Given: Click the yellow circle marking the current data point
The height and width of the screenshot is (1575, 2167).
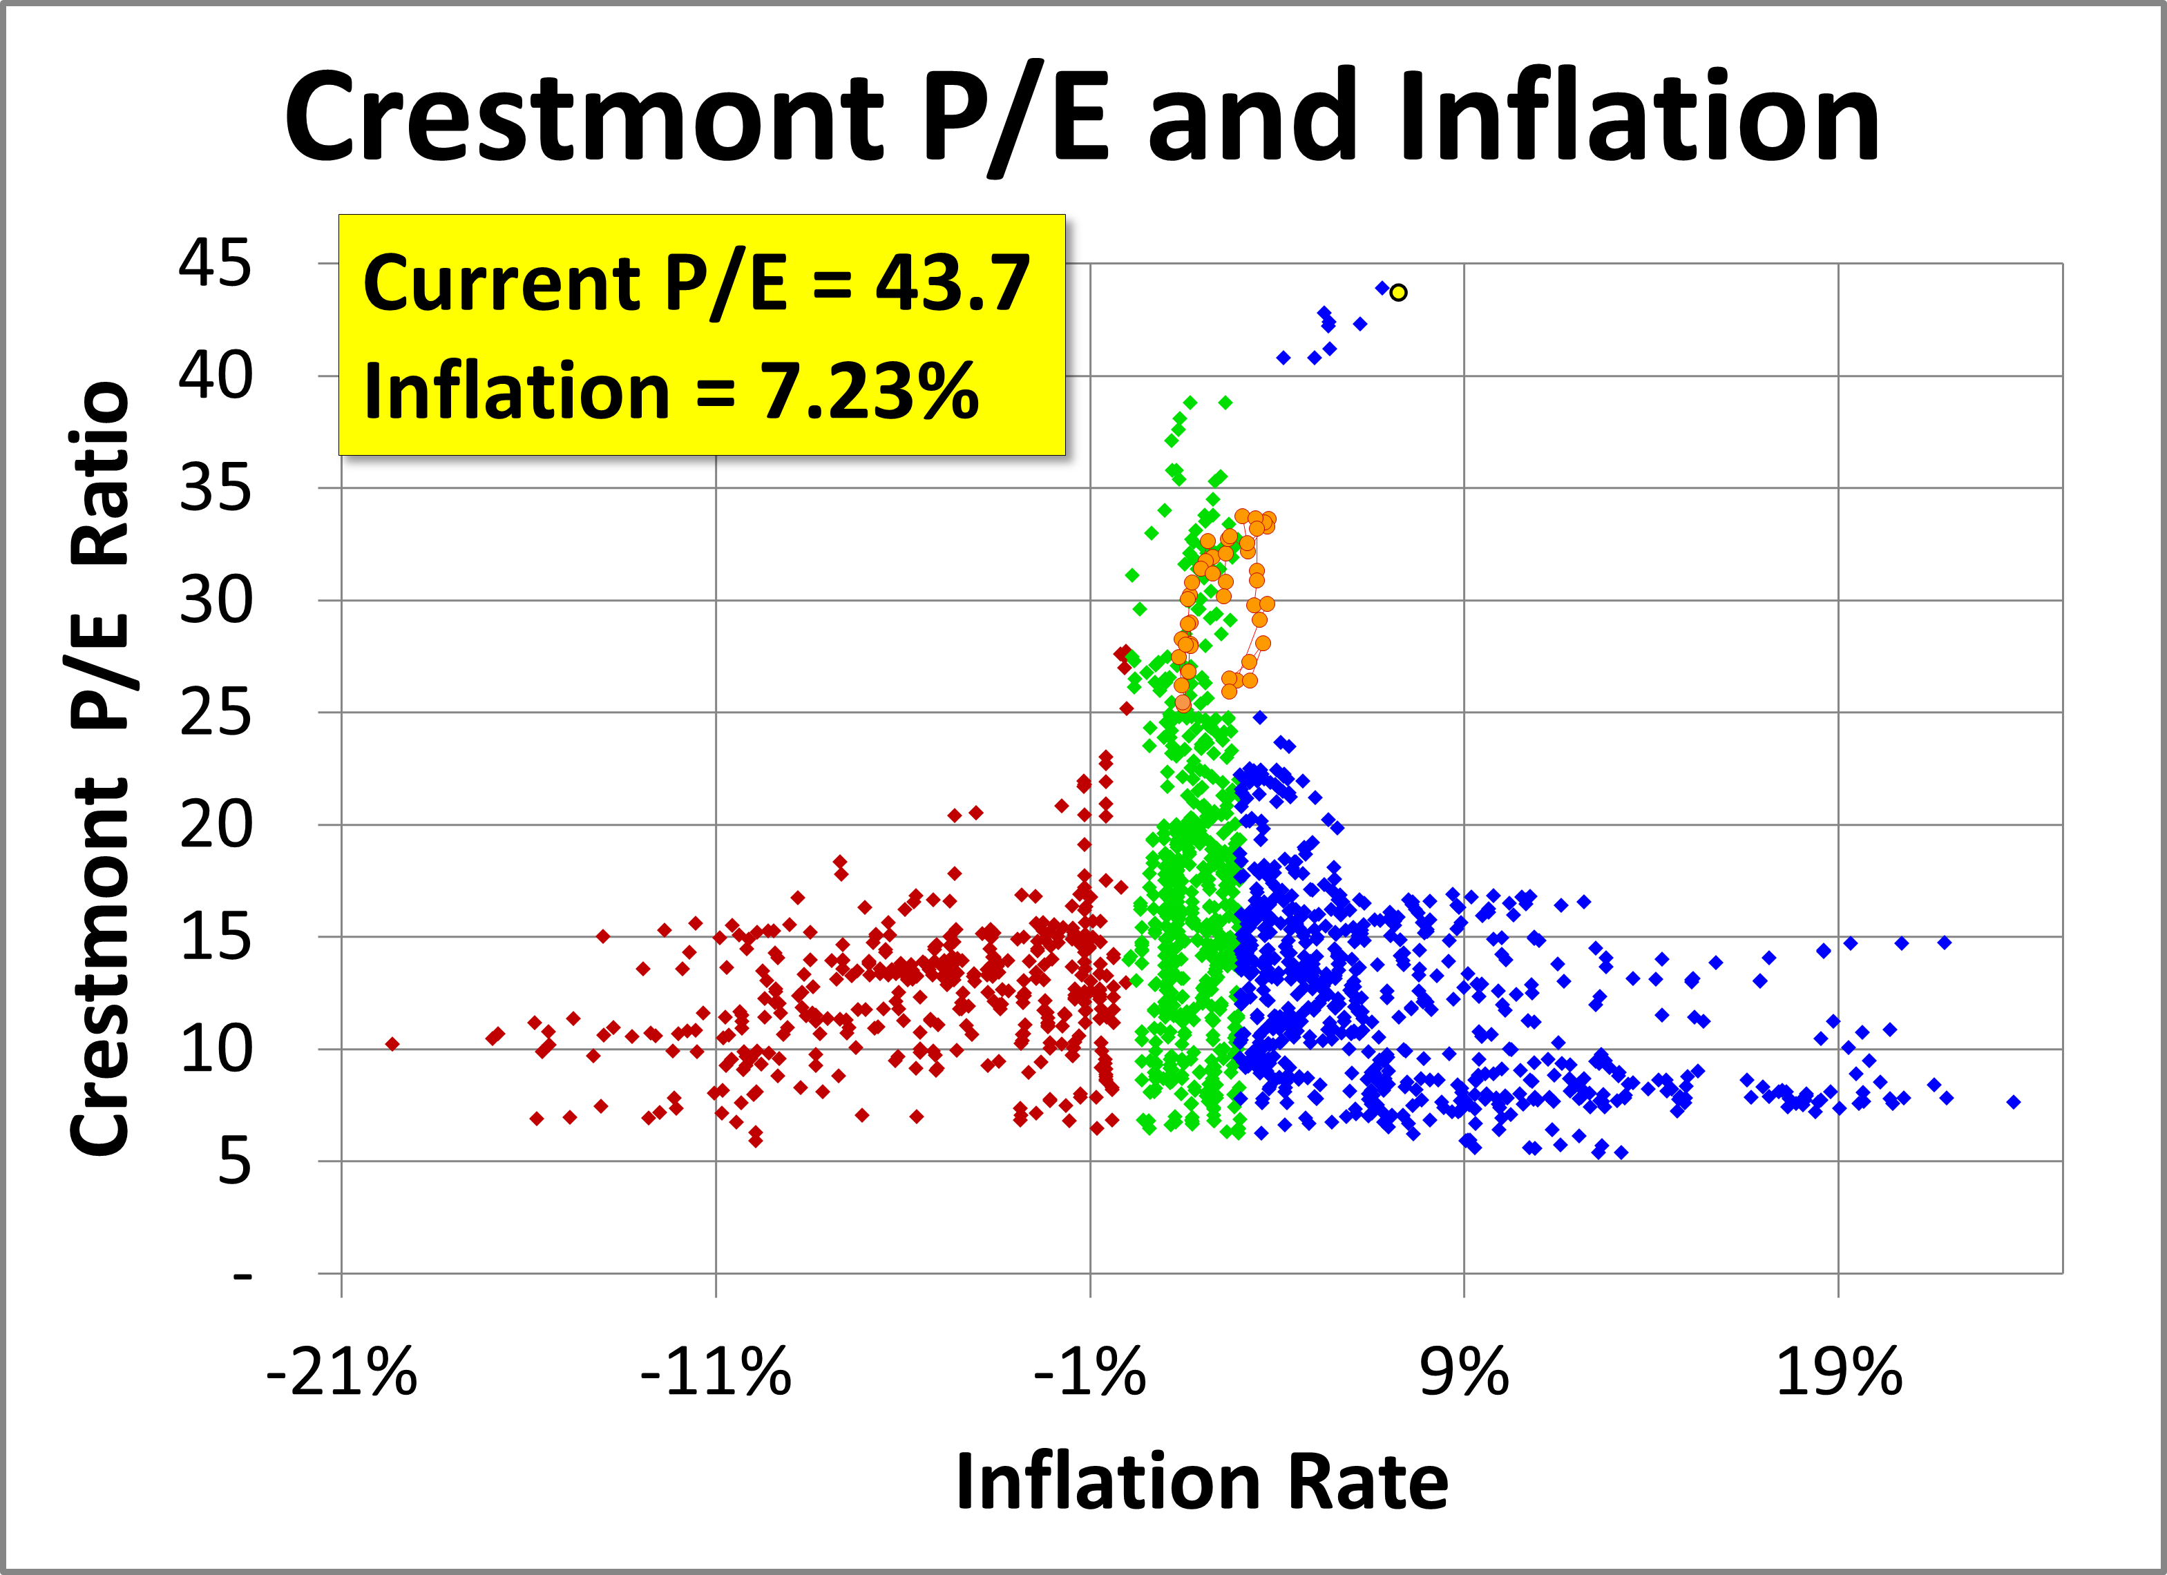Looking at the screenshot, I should (x=1398, y=292).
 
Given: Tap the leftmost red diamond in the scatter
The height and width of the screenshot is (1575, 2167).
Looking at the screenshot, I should (x=392, y=1044).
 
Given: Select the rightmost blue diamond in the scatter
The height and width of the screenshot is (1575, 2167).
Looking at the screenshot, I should (x=2013, y=1101).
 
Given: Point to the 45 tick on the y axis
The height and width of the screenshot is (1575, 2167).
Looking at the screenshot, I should (x=215, y=264).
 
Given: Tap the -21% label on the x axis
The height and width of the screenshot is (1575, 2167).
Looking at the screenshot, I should (x=341, y=1373).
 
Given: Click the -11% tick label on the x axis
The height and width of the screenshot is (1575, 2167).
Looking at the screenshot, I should (x=716, y=1373).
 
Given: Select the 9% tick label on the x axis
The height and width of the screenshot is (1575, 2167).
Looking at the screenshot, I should (x=1464, y=1373).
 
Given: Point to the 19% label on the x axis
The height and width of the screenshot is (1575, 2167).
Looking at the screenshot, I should (x=1838, y=1373).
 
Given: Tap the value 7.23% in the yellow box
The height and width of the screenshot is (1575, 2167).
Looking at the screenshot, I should (x=870, y=391).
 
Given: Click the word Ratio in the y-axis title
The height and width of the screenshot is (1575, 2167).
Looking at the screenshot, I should (x=100, y=473).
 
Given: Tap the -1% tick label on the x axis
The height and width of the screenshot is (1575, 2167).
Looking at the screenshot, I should (x=1089, y=1373).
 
